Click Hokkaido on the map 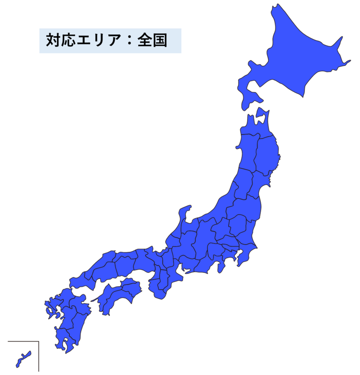coord(293,55)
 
